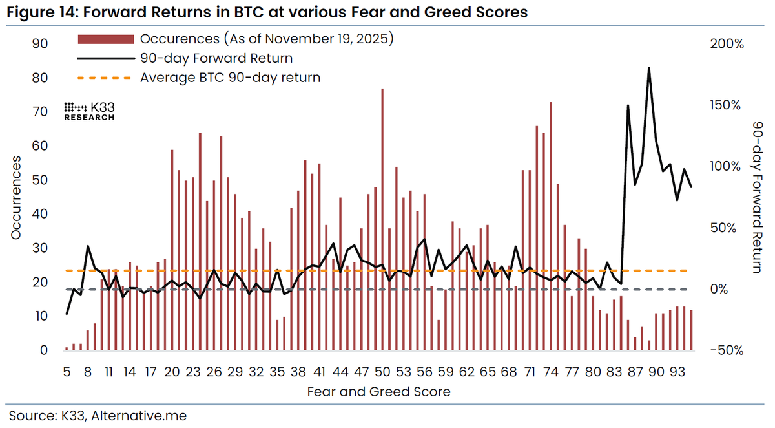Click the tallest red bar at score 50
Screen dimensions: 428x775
[x=382, y=220]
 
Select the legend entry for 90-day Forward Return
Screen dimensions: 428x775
[x=216, y=58]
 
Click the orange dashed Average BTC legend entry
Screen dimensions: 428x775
[x=230, y=78]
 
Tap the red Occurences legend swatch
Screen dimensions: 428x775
[x=105, y=39]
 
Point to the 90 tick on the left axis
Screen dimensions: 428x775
[x=40, y=43]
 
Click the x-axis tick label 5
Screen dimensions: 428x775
[x=67, y=372]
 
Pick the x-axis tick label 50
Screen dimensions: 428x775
[x=382, y=372]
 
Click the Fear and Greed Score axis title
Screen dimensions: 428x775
[x=378, y=392]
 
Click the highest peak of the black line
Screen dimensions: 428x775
[x=648, y=68]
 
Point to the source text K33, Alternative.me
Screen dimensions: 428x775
[x=98, y=414]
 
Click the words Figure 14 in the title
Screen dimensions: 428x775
[x=39, y=12]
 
